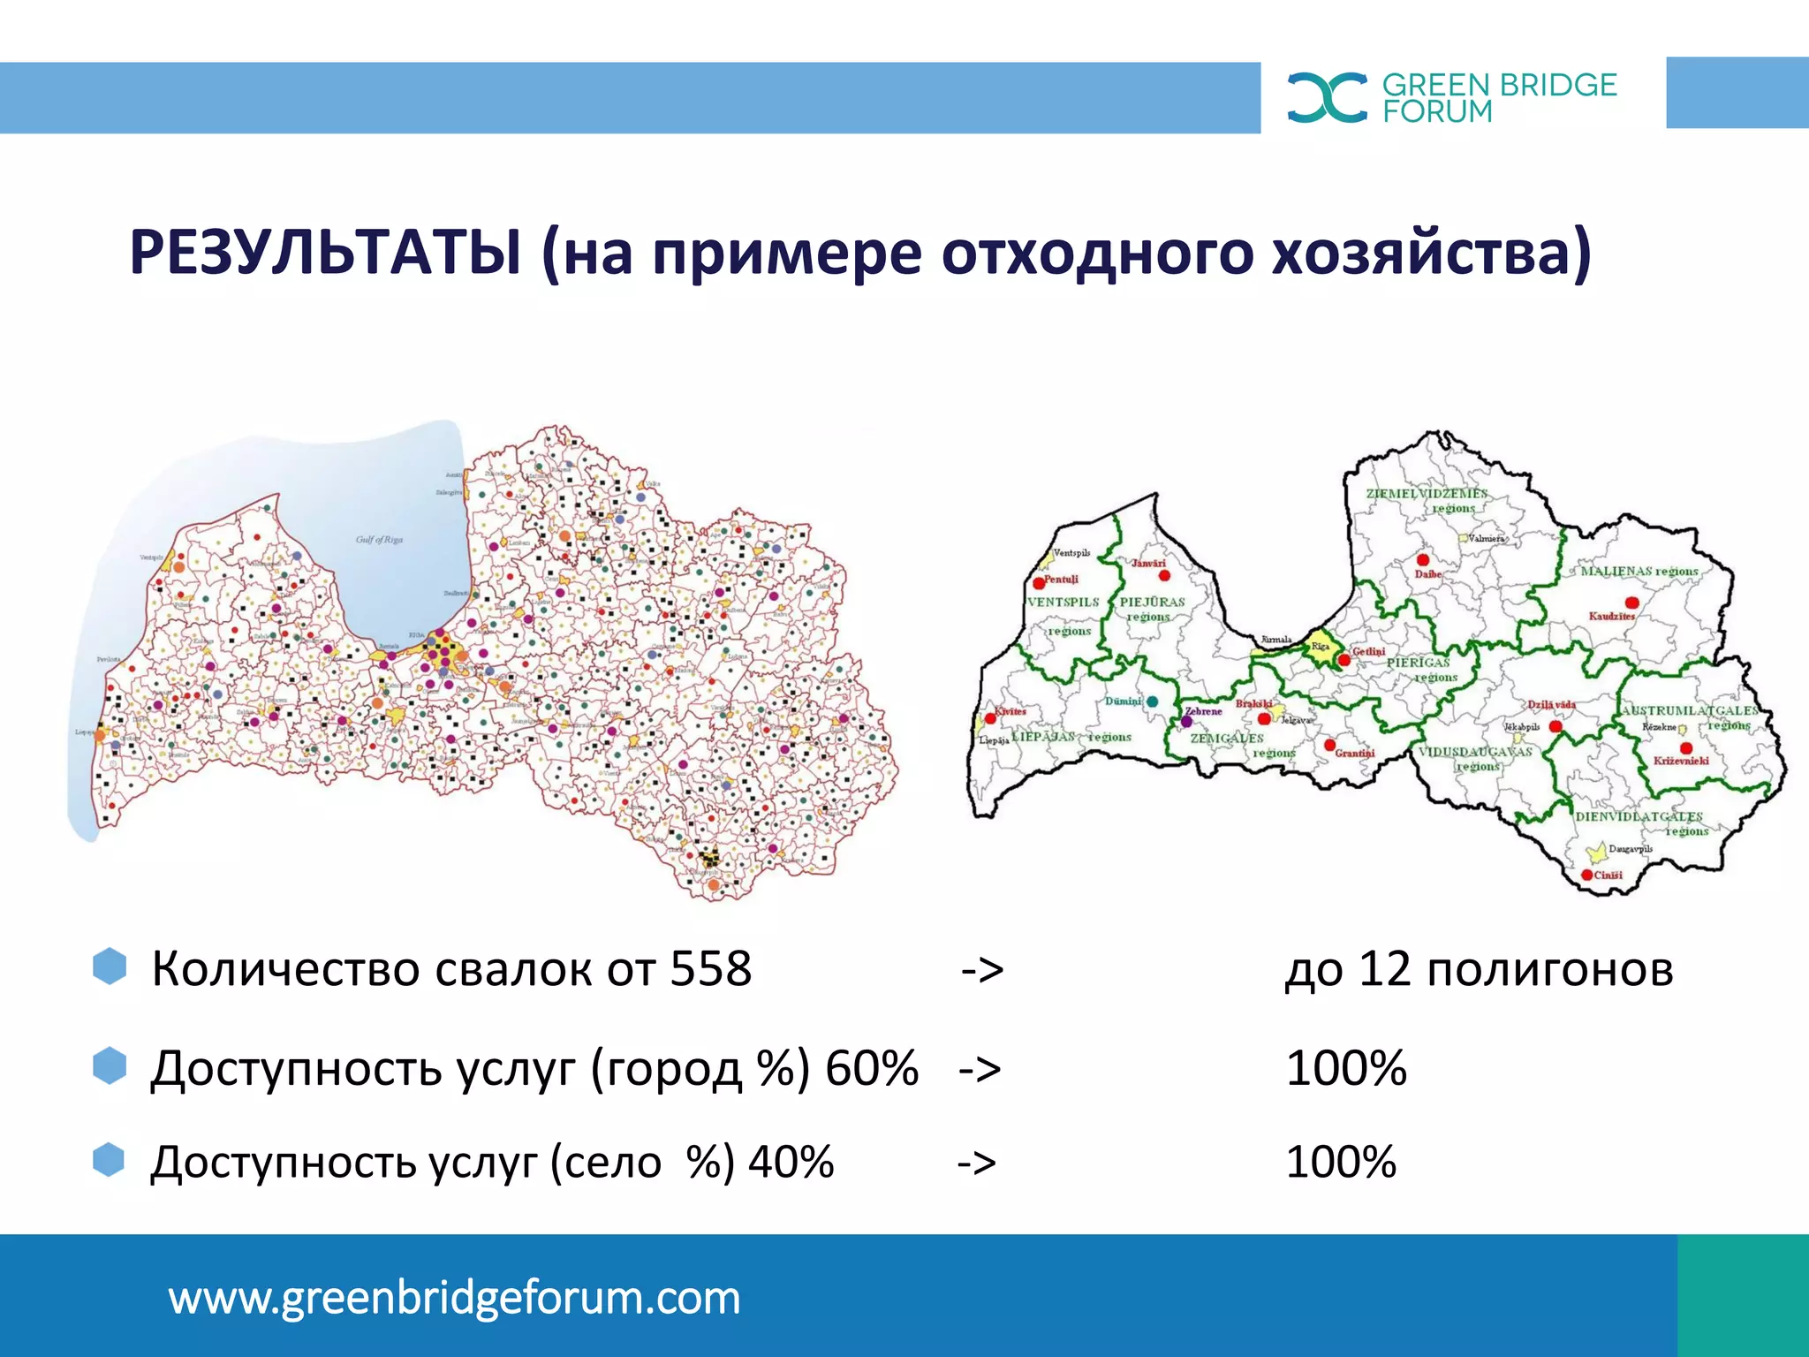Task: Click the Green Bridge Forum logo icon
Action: pos(1327,97)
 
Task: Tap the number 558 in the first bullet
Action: pos(710,969)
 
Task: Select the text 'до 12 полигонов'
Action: pos(1479,969)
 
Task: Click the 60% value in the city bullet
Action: pos(872,1068)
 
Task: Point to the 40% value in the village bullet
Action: pos(791,1162)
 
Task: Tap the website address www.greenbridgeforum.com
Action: pos(454,1298)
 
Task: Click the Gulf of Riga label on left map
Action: pos(379,539)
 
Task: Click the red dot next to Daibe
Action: pos(1423,560)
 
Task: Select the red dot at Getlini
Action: pos(1344,660)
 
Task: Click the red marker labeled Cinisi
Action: pos(1586,875)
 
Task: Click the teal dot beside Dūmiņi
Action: pos(1152,701)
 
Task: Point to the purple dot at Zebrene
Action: pos(1186,722)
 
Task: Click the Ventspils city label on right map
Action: pos(1071,553)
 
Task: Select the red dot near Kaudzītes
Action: pos(1631,603)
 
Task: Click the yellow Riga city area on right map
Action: pos(1321,646)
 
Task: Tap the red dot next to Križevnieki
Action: pos(1685,748)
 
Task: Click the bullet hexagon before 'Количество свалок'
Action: pos(110,967)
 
